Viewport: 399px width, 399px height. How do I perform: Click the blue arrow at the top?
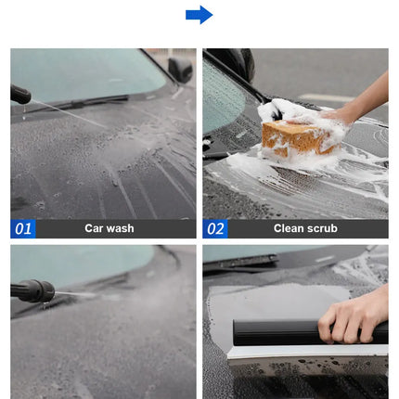(199, 14)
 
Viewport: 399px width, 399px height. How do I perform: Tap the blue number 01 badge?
(23, 228)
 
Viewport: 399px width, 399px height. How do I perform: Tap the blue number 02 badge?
(215, 228)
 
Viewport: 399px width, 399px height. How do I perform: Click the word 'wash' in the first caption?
(121, 228)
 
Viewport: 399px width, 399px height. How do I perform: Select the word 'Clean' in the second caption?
(290, 228)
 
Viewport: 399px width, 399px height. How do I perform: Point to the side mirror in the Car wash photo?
(180, 70)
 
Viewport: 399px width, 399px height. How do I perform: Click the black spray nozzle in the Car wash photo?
(19, 94)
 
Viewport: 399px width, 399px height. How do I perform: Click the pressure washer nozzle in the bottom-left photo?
(32, 290)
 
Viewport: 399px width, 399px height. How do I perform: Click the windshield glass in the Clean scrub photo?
(221, 93)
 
